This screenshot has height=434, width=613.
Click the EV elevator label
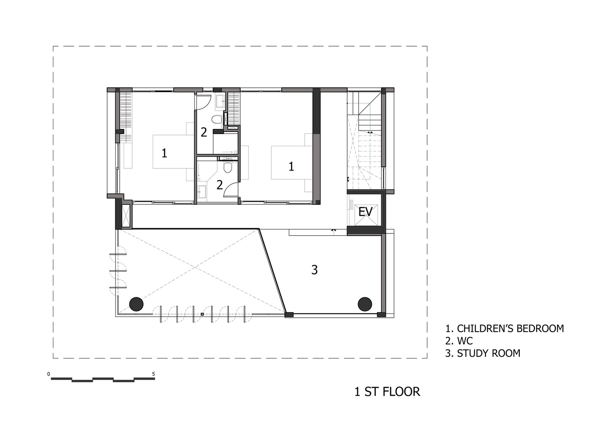365,212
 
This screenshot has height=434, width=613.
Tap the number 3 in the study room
314,270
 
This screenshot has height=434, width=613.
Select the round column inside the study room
365,304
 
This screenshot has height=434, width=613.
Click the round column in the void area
136,304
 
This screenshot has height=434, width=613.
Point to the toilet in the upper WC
217,120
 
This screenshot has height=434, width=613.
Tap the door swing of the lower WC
231,190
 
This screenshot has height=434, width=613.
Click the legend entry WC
459,341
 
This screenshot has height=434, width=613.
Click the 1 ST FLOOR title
387,392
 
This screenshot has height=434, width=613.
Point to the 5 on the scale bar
153,374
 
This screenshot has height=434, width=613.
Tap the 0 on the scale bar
49,374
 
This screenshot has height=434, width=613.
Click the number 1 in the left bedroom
164,153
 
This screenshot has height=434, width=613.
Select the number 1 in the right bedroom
291,166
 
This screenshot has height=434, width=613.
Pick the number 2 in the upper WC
204,132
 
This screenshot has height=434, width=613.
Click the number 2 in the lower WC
219,185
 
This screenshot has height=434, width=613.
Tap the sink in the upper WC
220,102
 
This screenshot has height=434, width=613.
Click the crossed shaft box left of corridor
127,216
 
